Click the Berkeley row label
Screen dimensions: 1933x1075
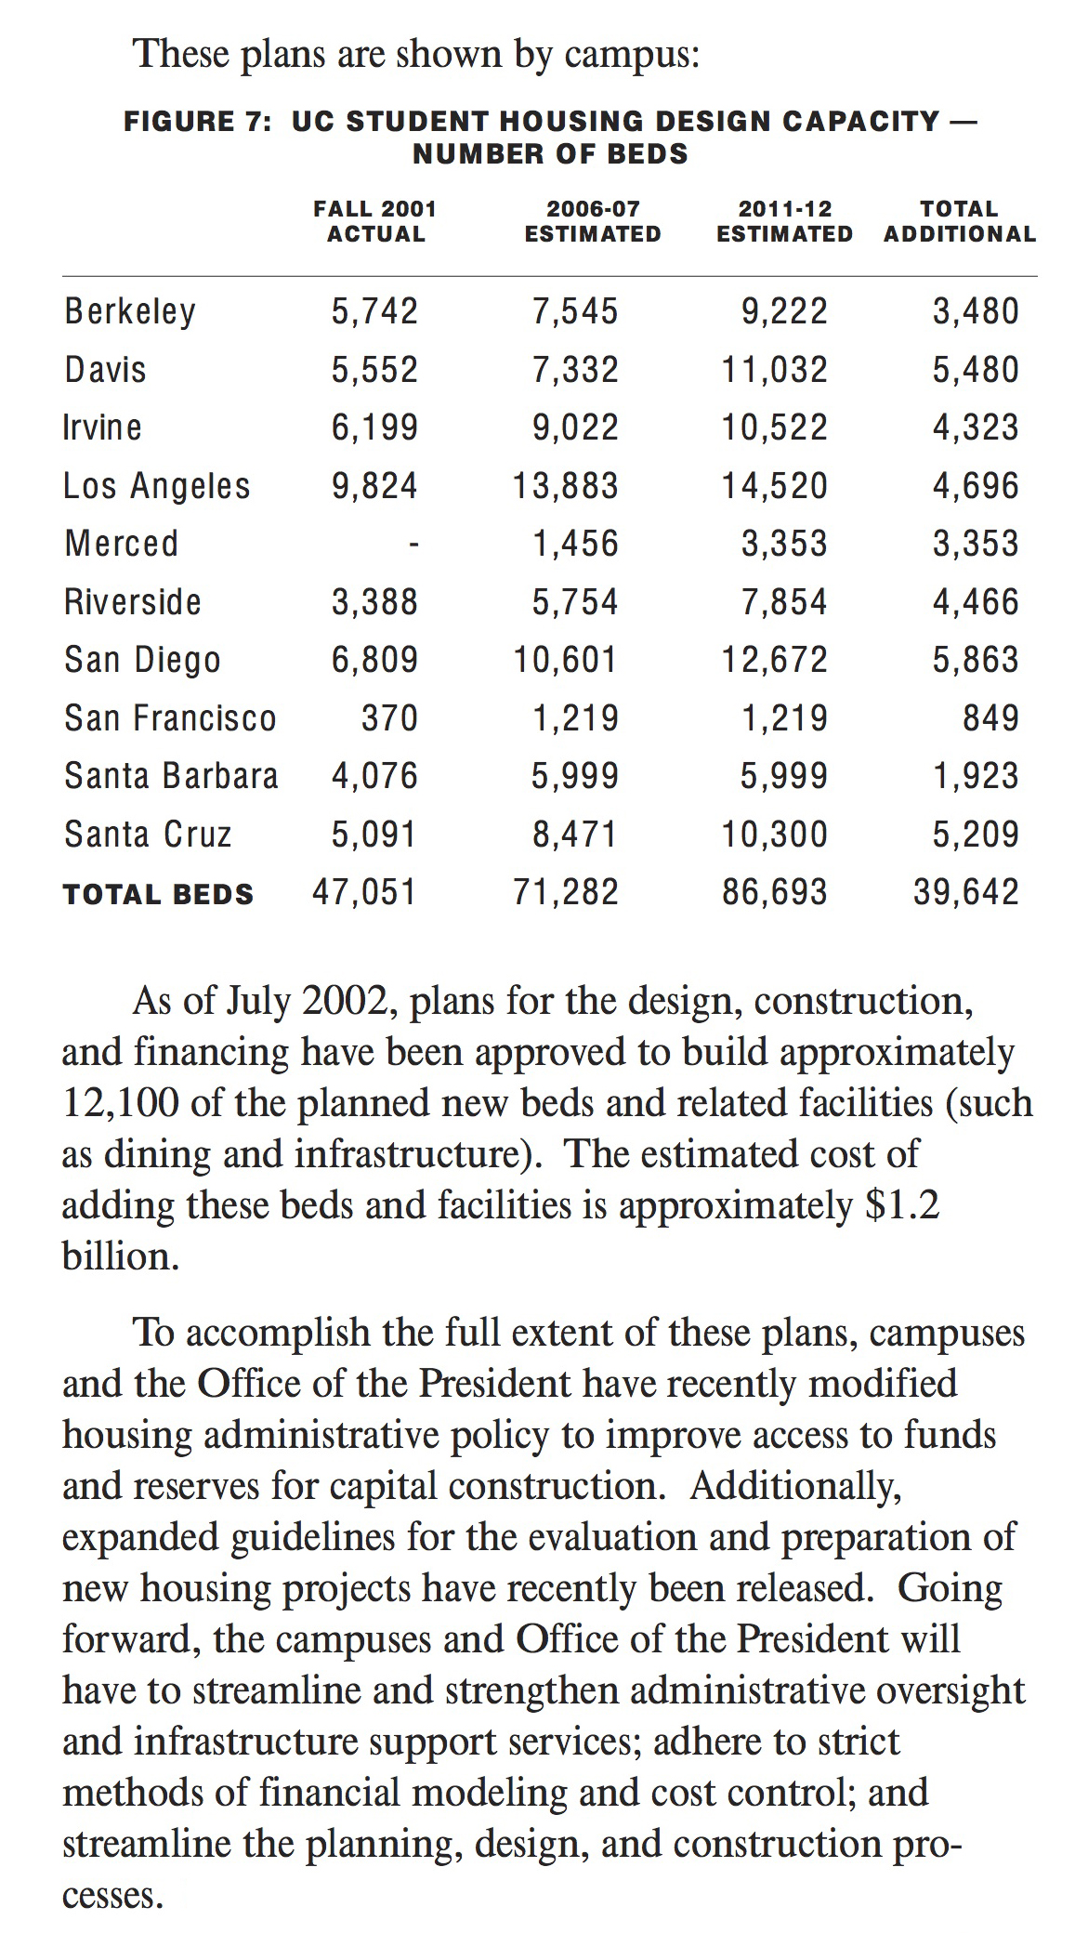click(130, 311)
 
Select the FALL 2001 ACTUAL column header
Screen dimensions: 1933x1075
click(375, 221)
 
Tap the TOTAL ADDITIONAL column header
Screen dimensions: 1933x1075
click(960, 221)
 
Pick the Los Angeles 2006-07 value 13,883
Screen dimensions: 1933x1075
click(566, 485)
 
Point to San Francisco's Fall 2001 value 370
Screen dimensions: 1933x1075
click(389, 717)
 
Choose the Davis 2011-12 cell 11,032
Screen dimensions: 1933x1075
click(775, 370)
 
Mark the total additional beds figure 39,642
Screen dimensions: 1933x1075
click(966, 892)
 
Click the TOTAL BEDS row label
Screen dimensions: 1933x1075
click(158, 894)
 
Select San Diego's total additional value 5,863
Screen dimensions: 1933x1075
click(976, 660)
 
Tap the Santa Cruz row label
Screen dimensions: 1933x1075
click(148, 834)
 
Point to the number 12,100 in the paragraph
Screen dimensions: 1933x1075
click(115, 1103)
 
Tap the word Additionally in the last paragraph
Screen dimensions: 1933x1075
click(795, 1486)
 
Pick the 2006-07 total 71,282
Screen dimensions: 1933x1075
click(566, 892)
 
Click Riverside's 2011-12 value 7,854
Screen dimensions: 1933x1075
click(784, 601)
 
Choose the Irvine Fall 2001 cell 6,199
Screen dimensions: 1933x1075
click(375, 427)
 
